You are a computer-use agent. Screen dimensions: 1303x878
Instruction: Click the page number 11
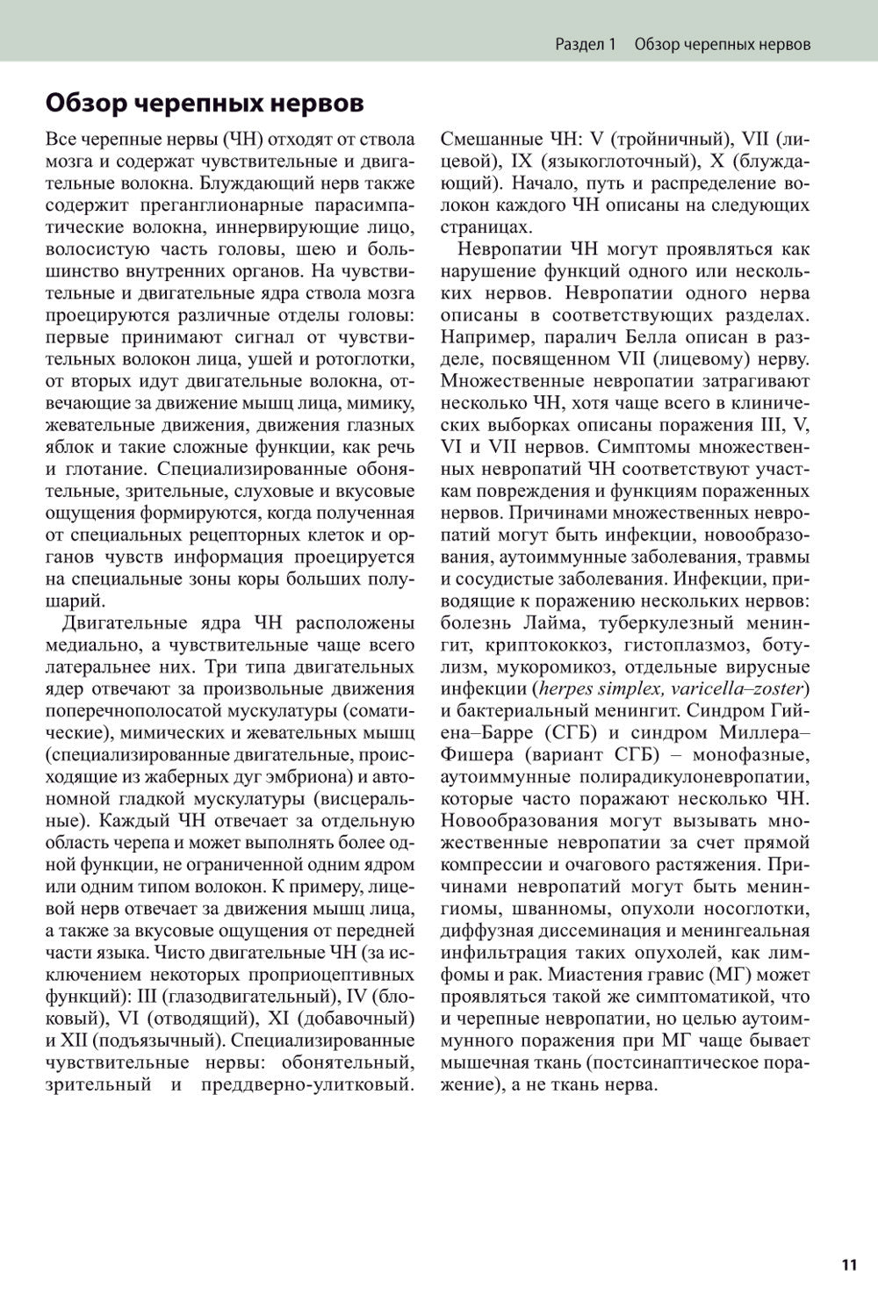point(848,1264)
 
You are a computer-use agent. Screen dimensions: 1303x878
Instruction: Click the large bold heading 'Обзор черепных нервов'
point(204,103)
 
